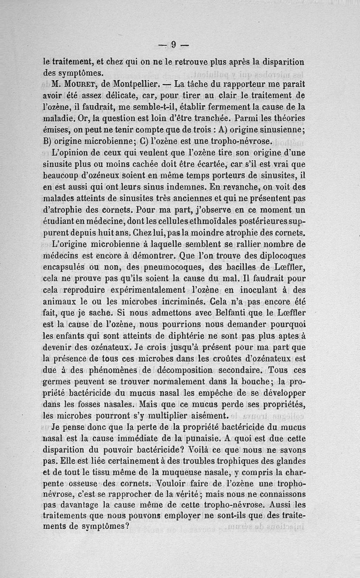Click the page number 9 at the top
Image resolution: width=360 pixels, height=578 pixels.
click(x=173, y=44)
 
